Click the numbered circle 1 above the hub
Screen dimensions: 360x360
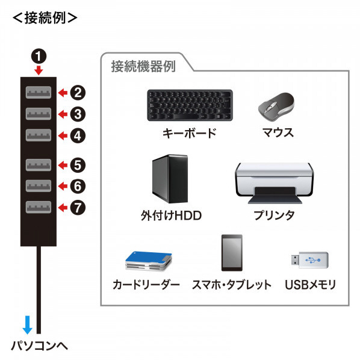[x=39, y=56]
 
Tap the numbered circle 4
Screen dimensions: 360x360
[x=78, y=135]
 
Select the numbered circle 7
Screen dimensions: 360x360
[x=78, y=208]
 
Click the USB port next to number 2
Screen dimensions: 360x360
[x=39, y=93]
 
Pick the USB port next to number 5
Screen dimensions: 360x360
[x=39, y=165]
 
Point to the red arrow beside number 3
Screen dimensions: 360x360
[x=63, y=114]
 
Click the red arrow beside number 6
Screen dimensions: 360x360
[x=63, y=186]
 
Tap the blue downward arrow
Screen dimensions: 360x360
[x=28, y=325]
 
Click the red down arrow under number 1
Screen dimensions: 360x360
[x=39, y=70]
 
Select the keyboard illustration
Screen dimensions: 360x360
[x=190, y=105]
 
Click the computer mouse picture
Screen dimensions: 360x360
[x=276, y=107]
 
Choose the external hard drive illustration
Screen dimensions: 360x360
[x=170, y=179]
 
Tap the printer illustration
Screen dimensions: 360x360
[x=275, y=183]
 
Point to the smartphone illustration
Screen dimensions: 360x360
[x=232, y=253]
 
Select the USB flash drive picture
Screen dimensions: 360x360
[x=309, y=260]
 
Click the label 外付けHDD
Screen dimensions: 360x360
[x=172, y=216]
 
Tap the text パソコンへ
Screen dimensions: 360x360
[x=40, y=346]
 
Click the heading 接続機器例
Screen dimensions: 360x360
[x=143, y=66]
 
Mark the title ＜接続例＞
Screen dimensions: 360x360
[x=45, y=18]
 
